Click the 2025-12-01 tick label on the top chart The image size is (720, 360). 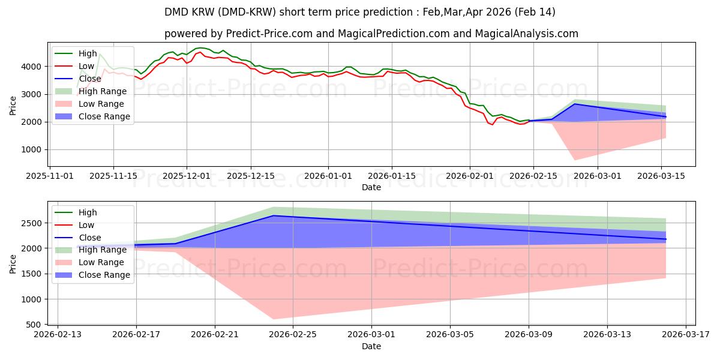tap(187, 176)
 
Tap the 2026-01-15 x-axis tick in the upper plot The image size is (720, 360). tap(392, 176)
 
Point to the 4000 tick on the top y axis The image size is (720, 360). tap(34, 67)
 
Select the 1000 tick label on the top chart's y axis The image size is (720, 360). tap(34, 150)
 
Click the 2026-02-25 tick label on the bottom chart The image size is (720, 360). tap(293, 335)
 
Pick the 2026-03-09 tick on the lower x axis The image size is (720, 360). tap(529, 335)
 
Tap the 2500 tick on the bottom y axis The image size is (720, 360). tap(34, 223)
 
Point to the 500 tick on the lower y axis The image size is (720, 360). tap(36, 325)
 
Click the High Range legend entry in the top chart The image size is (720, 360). tap(103, 91)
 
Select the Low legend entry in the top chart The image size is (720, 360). tap(86, 66)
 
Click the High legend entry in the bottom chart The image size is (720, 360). tap(88, 212)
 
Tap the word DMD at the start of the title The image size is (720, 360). tap(175, 12)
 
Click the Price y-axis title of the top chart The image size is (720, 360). tap(13, 106)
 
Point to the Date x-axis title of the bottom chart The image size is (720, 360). tap(371, 346)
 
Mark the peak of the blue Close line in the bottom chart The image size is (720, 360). tap(274, 215)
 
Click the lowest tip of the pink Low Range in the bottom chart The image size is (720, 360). tap(274, 319)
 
